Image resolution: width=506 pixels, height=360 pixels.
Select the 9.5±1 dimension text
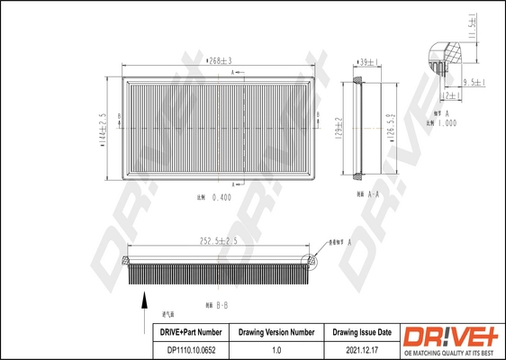pos(474,83)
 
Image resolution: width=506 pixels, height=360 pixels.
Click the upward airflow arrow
pos(140,302)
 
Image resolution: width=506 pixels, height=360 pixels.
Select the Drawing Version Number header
pos(276,333)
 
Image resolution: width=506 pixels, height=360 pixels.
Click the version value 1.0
pos(276,349)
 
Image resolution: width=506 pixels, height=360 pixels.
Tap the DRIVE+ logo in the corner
pos(450,339)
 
